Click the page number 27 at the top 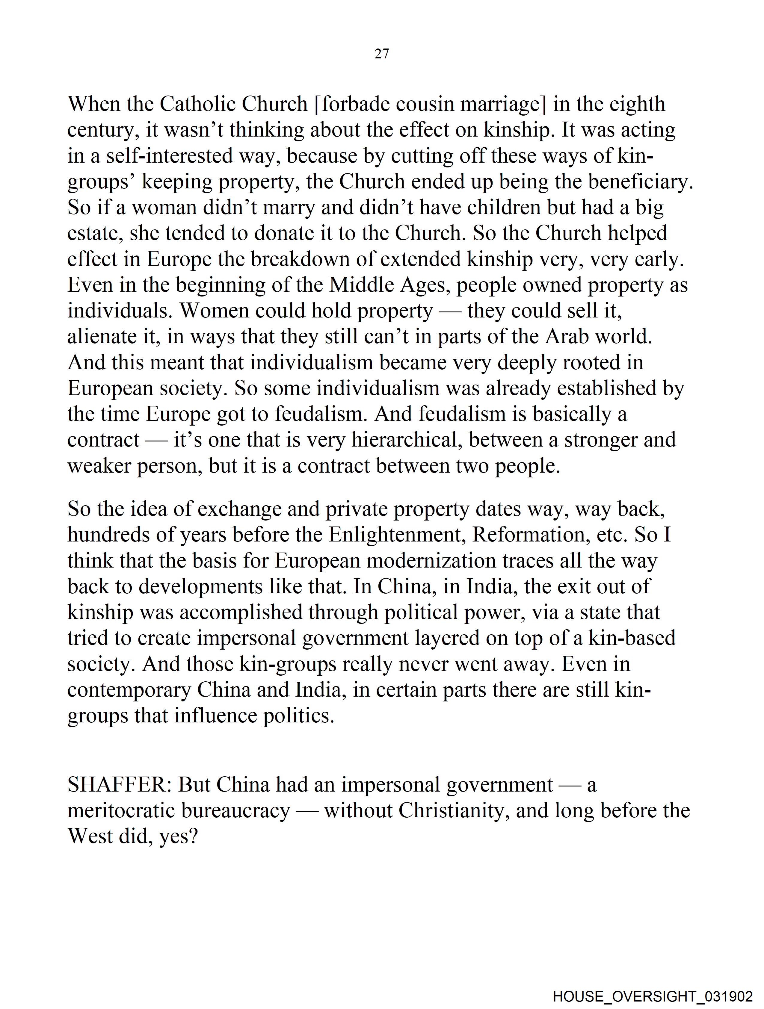(x=381, y=54)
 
